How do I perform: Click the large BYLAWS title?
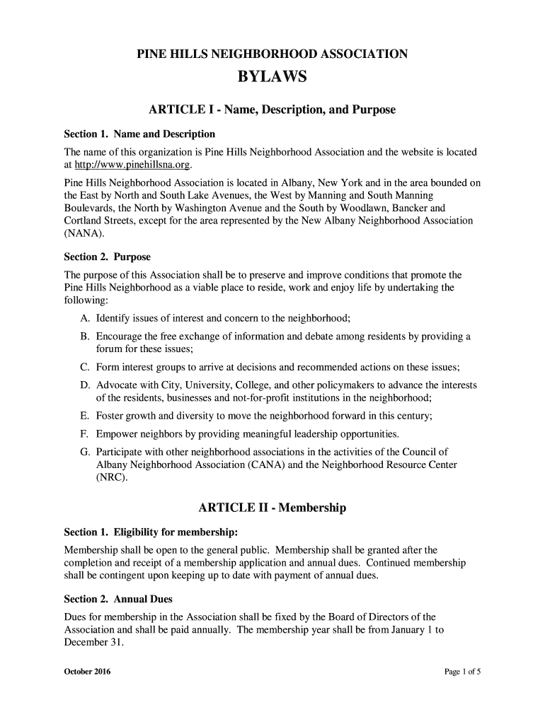point(272,76)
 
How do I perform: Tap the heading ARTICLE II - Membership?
point(272,508)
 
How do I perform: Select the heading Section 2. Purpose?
point(108,256)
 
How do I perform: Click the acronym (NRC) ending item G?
point(111,477)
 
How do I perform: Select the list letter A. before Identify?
point(85,317)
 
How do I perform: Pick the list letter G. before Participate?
point(85,452)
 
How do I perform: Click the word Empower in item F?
point(118,433)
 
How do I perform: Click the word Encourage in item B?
point(122,336)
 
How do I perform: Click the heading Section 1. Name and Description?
point(139,134)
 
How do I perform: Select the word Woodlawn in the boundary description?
point(368,208)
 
